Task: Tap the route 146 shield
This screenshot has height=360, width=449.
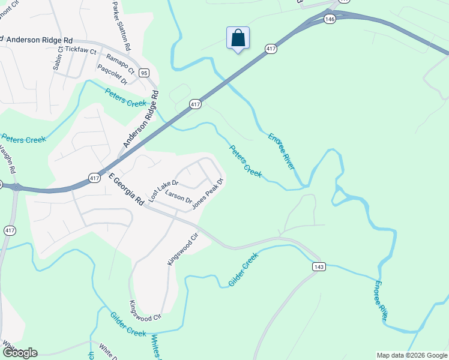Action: pyautogui.click(x=329, y=19)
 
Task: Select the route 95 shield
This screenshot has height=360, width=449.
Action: pyautogui.click(x=143, y=73)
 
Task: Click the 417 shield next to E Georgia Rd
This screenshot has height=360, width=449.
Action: pyautogui.click(x=94, y=178)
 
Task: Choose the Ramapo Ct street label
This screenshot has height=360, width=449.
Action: pyautogui.click(x=117, y=62)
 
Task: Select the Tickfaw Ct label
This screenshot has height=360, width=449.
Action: pyautogui.click(x=80, y=52)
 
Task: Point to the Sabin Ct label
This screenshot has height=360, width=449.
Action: pyautogui.click(x=57, y=60)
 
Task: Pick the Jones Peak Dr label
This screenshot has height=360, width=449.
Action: pyautogui.click(x=208, y=191)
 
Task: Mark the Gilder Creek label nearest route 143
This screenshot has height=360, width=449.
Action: pyautogui.click(x=243, y=269)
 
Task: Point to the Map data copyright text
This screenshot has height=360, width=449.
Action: pyautogui.click(x=412, y=355)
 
